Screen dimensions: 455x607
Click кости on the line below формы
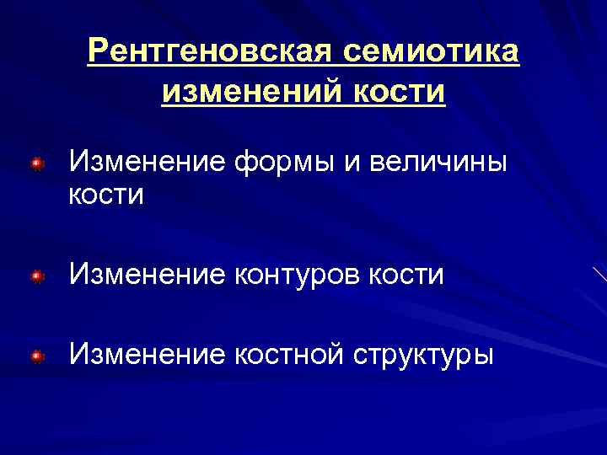click(x=106, y=196)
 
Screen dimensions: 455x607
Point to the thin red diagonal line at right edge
click(x=599, y=274)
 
